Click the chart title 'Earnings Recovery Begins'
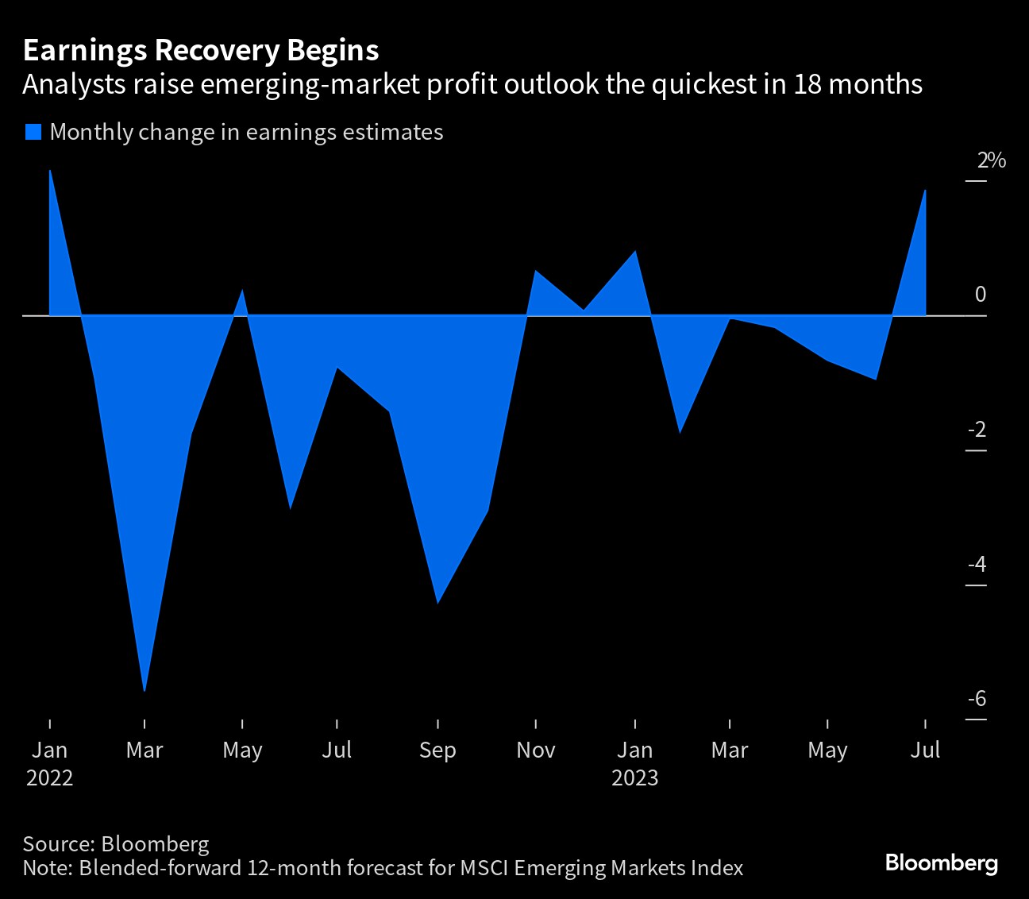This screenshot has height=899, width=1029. pyautogui.click(x=201, y=50)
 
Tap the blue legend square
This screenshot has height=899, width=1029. pyautogui.click(x=33, y=132)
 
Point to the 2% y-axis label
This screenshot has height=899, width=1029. pyautogui.click(x=991, y=160)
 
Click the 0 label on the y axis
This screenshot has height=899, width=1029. pyautogui.click(x=980, y=295)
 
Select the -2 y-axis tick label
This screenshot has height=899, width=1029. pyautogui.click(x=977, y=430)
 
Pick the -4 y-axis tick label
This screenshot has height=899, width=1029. pyautogui.click(x=977, y=564)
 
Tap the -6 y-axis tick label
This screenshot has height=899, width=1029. pyautogui.click(x=977, y=698)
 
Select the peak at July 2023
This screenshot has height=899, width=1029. pyautogui.click(x=925, y=191)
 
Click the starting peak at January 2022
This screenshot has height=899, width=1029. pyautogui.click(x=50, y=172)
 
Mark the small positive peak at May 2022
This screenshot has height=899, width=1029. pyautogui.click(x=242, y=291)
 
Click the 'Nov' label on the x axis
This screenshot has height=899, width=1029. pyautogui.click(x=536, y=750)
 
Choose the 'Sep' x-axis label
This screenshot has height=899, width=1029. pyautogui.click(x=437, y=750)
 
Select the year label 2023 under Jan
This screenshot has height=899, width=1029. pyautogui.click(x=634, y=777)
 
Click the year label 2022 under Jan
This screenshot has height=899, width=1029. pyautogui.click(x=50, y=777)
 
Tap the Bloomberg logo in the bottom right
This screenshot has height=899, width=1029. pyautogui.click(x=941, y=862)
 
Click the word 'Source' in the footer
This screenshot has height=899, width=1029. pyautogui.click(x=56, y=843)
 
